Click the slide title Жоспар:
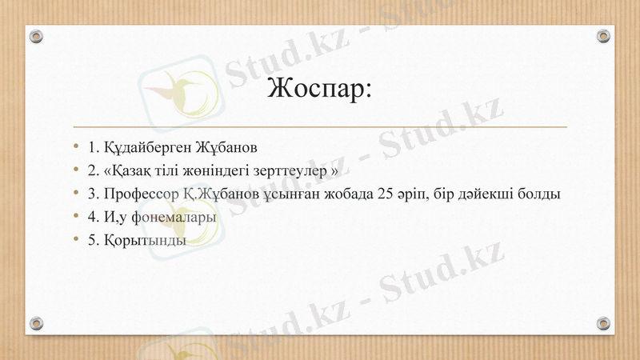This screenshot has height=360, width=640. (x=320, y=87)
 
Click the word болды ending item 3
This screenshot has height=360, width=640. (x=538, y=194)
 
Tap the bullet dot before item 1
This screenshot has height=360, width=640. (x=76, y=147)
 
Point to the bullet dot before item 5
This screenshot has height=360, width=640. (x=76, y=240)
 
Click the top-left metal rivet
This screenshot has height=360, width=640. (x=36, y=36)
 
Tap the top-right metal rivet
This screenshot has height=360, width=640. (x=603, y=36)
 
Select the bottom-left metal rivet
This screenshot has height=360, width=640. (x=36, y=323)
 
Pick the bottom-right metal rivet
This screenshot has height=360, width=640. (x=603, y=323)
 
